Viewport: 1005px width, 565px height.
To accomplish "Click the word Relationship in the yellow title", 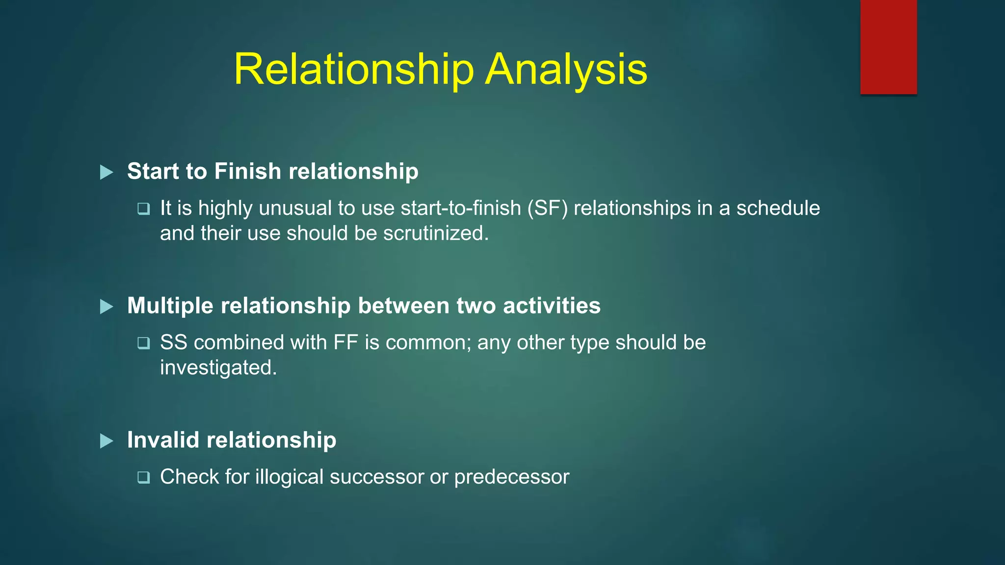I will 354,70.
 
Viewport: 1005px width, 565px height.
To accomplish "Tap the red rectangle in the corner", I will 888,47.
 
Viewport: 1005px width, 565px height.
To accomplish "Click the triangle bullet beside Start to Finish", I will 106,172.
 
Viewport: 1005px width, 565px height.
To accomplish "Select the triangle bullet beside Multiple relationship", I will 106,307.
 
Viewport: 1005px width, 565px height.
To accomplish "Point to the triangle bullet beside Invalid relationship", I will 106,441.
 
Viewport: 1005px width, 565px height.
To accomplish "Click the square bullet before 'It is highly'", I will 143,209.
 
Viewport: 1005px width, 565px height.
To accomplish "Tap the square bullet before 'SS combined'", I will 143,343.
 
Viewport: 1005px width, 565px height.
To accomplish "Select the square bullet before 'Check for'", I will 143,477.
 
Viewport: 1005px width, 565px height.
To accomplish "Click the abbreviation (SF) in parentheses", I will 547,208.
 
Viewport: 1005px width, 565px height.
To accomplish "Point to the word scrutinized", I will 436,233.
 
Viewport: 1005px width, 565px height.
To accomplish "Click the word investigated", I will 218,368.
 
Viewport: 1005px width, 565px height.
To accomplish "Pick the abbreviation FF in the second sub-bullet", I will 345,342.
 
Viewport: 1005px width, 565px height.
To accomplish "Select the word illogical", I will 289,477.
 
